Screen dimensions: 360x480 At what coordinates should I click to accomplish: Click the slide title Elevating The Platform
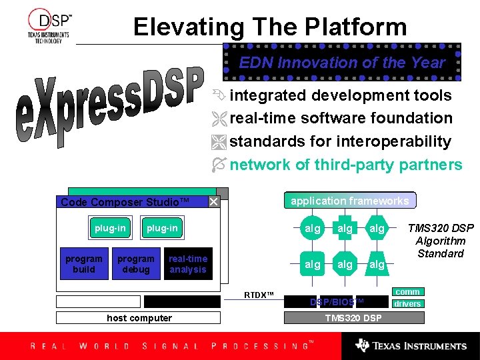pos(269,27)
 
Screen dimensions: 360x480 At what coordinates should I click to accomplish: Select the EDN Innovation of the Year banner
pos(341,63)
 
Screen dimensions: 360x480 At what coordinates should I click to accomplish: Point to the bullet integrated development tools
pos(340,95)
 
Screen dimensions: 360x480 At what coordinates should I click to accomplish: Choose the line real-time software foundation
pos(341,118)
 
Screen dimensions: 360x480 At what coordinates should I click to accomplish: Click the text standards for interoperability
pos(340,141)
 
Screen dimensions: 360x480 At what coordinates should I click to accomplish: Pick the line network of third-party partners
pos(345,165)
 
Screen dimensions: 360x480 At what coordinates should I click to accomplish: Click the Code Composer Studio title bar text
pos(125,202)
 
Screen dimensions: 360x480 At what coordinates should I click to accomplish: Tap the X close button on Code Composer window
pos(213,201)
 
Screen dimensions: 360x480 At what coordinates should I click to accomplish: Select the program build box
pos(83,264)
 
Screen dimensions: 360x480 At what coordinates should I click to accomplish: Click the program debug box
pos(135,264)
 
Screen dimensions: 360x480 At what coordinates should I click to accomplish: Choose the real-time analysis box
pos(188,264)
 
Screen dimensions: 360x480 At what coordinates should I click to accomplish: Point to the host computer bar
pos(139,318)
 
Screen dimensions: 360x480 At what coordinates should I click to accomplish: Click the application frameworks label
pos(350,201)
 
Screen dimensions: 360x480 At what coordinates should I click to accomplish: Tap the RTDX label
pos(259,294)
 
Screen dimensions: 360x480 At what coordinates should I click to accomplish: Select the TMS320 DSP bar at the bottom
pos(353,317)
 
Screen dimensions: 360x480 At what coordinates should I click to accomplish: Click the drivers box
pos(407,304)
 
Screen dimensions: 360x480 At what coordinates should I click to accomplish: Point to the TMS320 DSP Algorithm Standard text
pos(440,241)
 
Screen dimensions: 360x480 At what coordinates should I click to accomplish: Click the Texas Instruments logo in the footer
pos(411,345)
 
